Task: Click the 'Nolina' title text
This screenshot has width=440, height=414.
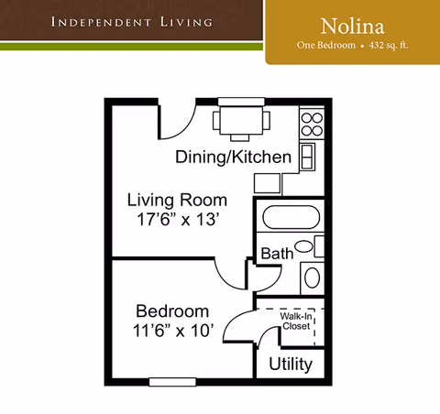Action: click(x=352, y=25)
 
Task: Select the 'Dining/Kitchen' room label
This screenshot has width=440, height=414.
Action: click(x=233, y=158)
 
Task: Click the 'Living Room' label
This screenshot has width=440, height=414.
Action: click(x=177, y=200)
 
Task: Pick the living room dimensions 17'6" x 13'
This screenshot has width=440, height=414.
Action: click(x=177, y=220)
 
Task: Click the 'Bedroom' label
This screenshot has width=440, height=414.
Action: click(x=172, y=311)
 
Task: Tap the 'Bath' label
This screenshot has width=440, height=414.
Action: click(x=277, y=254)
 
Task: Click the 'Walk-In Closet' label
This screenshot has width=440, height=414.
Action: click(x=295, y=320)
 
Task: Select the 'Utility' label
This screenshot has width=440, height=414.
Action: click(x=290, y=365)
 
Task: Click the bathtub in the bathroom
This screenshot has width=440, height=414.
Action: click(x=289, y=220)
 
